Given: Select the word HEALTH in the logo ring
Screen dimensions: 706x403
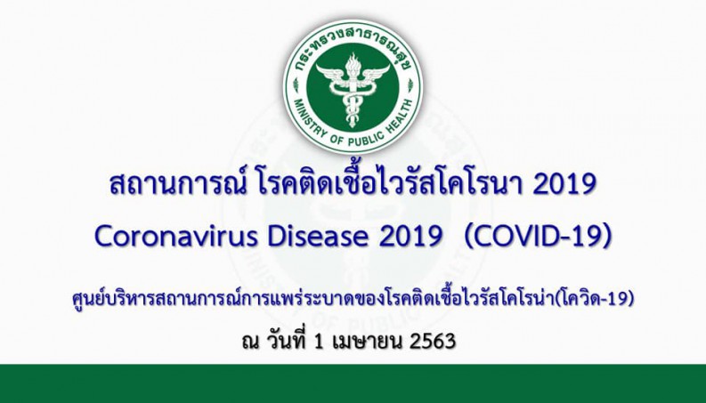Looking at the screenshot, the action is (x=400, y=111).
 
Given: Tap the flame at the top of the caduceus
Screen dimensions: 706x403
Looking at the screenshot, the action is (x=353, y=64).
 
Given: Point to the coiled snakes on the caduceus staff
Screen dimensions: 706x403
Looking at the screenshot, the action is (x=353, y=106).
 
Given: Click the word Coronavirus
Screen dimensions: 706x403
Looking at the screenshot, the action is (x=176, y=237).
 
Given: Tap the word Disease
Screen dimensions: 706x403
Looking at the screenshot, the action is (x=319, y=237).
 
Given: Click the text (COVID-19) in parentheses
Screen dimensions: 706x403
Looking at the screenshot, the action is (x=538, y=237).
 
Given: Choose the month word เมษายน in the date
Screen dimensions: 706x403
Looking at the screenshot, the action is (x=367, y=342).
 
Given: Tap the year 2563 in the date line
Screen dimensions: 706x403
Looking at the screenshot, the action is (x=433, y=342).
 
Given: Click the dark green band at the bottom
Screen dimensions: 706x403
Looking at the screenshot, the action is (x=353, y=383).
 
